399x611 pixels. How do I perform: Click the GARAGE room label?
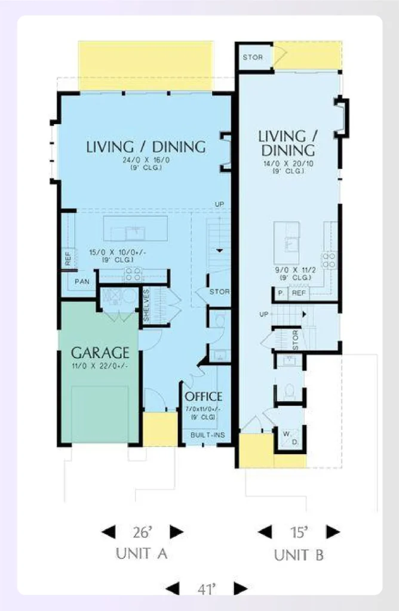click(100, 351)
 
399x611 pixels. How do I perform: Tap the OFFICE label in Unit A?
click(203, 396)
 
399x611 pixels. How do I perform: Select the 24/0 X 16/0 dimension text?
click(145, 160)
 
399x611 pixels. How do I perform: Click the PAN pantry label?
click(82, 281)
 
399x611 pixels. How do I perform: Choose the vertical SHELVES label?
click(147, 305)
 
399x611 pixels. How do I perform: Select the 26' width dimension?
click(142, 532)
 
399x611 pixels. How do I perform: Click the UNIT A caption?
click(141, 554)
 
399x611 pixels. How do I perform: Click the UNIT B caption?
click(299, 556)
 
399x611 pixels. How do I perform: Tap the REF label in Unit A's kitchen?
click(68, 259)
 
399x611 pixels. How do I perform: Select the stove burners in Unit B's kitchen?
click(329, 260)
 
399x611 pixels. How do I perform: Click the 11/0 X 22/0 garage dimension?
click(100, 366)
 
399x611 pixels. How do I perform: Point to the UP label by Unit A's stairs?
click(220, 205)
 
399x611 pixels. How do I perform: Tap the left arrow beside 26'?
click(108, 532)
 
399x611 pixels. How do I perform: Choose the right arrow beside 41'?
click(240, 588)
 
